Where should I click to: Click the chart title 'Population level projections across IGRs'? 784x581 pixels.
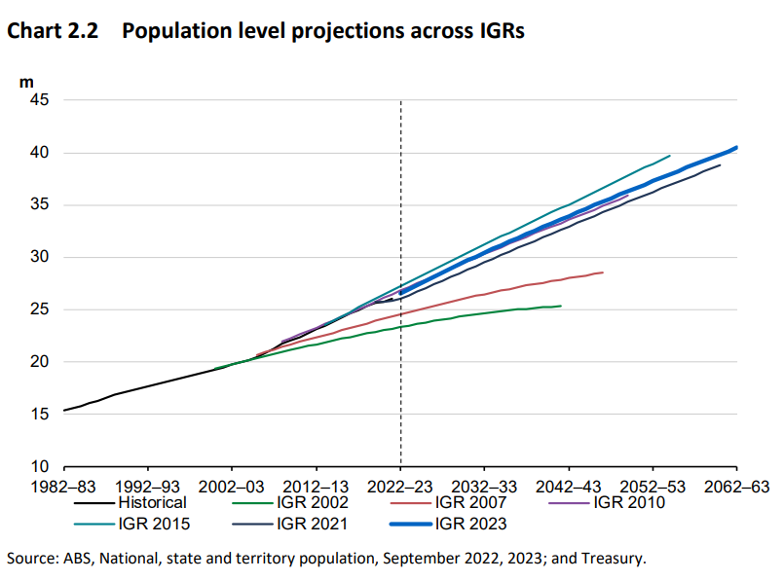pyautogui.click(x=323, y=32)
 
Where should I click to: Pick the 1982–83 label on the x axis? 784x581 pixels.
pyautogui.click(x=64, y=485)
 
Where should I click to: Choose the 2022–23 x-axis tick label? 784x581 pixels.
pyautogui.click(x=400, y=485)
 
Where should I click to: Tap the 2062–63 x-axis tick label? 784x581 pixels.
pyautogui.click(x=736, y=485)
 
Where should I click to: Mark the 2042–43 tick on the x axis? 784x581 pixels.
pyautogui.click(x=568, y=485)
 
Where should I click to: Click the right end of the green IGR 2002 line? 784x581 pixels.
pyautogui.click(x=560, y=306)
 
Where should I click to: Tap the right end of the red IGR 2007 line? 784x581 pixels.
pyautogui.click(x=602, y=272)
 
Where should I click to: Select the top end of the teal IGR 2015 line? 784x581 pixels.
pyautogui.click(x=670, y=156)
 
